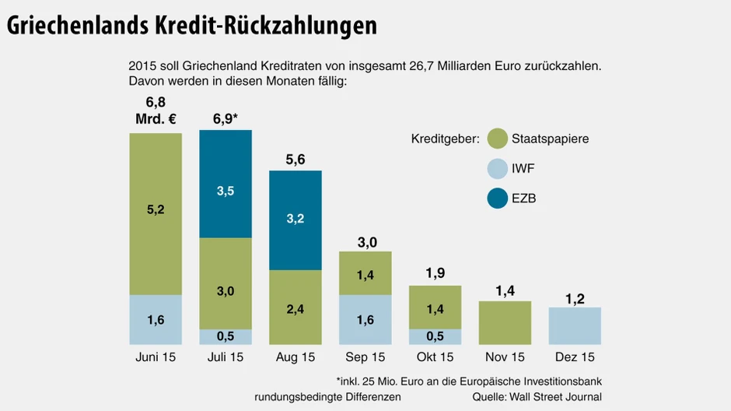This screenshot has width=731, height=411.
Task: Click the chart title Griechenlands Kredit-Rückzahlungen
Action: click(x=192, y=25)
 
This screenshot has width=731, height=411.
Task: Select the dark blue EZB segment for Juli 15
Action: click(x=226, y=184)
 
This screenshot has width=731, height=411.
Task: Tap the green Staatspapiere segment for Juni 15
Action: click(x=156, y=214)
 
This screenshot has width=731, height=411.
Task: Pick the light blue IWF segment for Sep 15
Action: click(x=365, y=320)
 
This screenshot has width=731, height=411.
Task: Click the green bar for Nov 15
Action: click(x=505, y=323)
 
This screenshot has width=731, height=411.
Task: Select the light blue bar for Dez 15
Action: click(x=575, y=326)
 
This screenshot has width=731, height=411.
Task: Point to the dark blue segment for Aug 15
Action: click(x=296, y=220)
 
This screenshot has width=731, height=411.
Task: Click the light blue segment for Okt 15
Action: click(x=435, y=336)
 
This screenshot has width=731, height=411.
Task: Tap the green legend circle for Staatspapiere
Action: click(x=498, y=139)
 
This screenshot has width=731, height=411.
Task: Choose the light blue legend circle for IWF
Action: click(x=498, y=169)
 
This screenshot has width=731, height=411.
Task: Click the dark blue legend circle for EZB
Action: click(x=498, y=198)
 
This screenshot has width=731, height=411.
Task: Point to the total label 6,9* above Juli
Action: click(x=226, y=118)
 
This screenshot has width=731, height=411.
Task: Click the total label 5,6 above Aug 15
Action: click(x=296, y=160)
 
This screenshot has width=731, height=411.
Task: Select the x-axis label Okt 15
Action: click(x=435, y=357)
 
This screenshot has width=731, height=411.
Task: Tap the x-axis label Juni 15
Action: click(x=156, y=357)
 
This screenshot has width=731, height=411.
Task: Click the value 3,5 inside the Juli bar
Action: click(x=226, y=191)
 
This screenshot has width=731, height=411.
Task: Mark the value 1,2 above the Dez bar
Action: click(x=575, y=298)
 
